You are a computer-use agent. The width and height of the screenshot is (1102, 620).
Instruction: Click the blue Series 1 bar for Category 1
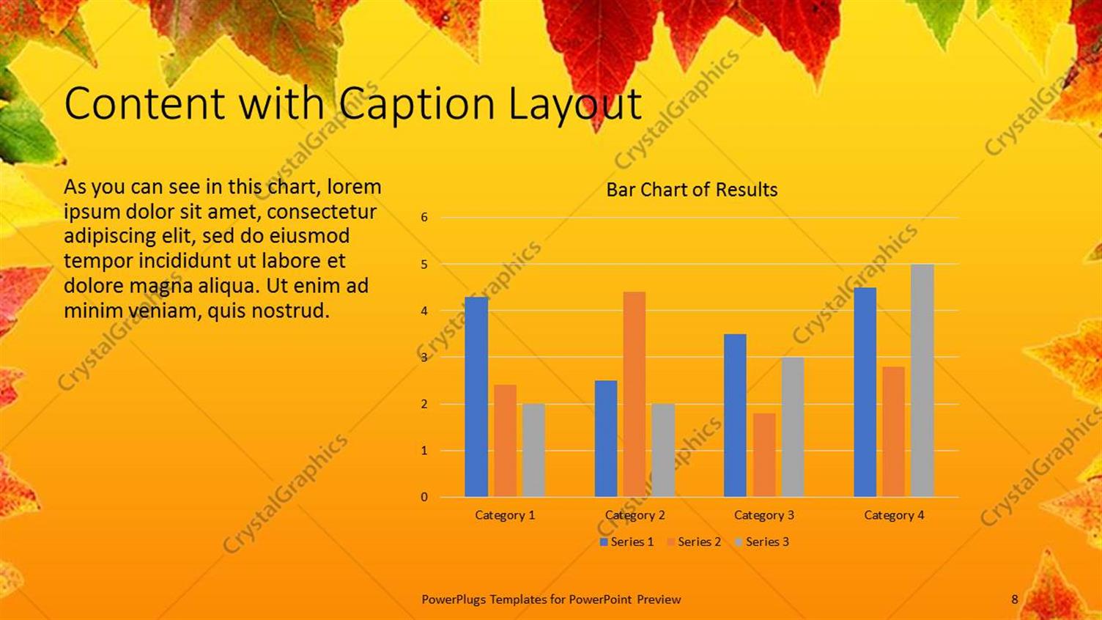click(476, 396)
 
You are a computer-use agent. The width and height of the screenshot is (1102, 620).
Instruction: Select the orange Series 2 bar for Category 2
click(635, 394)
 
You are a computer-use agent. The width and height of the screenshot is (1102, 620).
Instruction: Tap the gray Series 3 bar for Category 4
click(922, 380)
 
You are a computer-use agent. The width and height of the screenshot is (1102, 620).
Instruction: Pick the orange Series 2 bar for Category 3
click(764, 455)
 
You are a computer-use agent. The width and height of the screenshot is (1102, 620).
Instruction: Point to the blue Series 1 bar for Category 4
click(865, 392)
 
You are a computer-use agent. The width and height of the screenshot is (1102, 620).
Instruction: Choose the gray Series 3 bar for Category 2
click(663, 450)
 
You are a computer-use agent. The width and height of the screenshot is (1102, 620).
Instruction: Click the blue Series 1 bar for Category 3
click(735, 416)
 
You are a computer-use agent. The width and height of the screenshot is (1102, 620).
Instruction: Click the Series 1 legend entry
click(626, 542)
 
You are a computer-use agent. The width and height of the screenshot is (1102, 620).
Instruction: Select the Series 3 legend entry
click(762, 542)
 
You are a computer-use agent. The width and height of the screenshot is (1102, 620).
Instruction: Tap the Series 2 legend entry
click(694, 542)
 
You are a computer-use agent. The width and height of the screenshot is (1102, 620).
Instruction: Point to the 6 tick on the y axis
click(424, 217)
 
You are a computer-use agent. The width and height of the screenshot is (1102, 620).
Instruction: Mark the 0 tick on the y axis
click(424, 497)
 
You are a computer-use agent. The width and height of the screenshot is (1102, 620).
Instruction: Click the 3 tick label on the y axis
click(424, 357)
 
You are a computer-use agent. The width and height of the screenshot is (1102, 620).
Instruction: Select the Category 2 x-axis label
click(635, 515)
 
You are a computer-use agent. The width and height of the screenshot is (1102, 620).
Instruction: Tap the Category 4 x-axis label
click(894, 515)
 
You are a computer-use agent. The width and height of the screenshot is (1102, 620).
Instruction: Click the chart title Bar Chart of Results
click(692, 190)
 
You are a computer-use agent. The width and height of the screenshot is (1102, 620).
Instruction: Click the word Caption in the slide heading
click(418, 104)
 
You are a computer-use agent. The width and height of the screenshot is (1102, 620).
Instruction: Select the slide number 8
click(1015, 599)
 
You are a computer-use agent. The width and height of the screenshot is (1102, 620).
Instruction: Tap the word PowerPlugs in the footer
click(454, 599)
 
